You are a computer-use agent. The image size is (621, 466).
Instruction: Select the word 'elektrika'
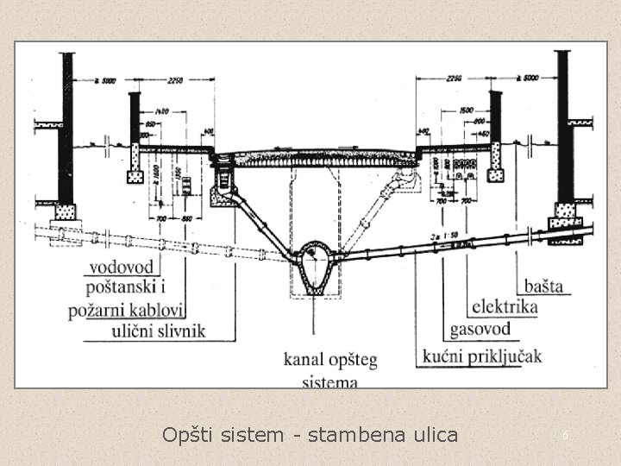[x=505, y=307]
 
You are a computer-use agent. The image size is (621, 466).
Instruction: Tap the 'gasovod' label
[x=480, y=330]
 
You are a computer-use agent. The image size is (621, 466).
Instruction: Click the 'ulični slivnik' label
[x=159, y=331]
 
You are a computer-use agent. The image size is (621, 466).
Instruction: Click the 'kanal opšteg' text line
[x=330, y=358]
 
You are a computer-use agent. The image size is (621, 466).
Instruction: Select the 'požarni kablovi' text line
[x=129, y=310]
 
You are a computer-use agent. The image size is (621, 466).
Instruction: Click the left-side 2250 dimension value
[x=175, y=81]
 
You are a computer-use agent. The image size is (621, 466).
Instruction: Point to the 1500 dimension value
[x=466, y=111]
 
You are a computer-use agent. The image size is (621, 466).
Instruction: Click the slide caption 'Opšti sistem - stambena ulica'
[x=310, y=434]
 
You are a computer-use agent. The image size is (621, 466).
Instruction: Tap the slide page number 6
[x=565, y=437]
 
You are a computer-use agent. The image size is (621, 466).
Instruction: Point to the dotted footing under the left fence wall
[x=135, y=177]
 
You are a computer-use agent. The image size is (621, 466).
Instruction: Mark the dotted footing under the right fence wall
[x=495, y=174]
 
